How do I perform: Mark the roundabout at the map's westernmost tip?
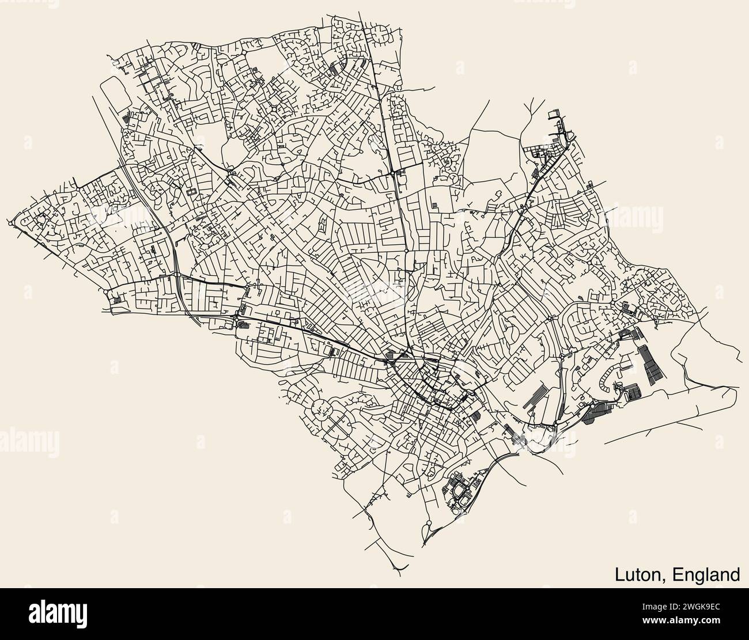13,222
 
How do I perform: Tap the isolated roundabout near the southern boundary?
429,523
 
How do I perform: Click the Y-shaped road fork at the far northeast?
529,109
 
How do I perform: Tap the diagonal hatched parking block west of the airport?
536,397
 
